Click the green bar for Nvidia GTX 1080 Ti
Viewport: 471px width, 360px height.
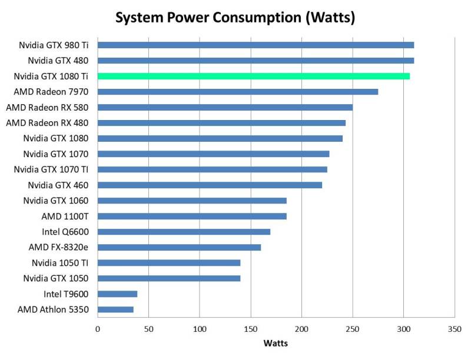(253, 76)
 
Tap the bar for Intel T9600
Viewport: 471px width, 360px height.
(117, 294)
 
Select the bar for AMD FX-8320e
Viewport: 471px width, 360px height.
(179, 247)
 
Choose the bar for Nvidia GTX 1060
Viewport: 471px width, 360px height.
(192, 201)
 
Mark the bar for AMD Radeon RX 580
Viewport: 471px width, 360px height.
(225, 107)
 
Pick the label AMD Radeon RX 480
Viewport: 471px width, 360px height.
(47, 122)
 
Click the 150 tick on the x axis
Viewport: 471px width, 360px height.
(251, 329)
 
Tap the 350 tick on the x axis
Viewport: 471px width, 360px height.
(455, 329)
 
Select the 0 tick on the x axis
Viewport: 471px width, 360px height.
(98, 329)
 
